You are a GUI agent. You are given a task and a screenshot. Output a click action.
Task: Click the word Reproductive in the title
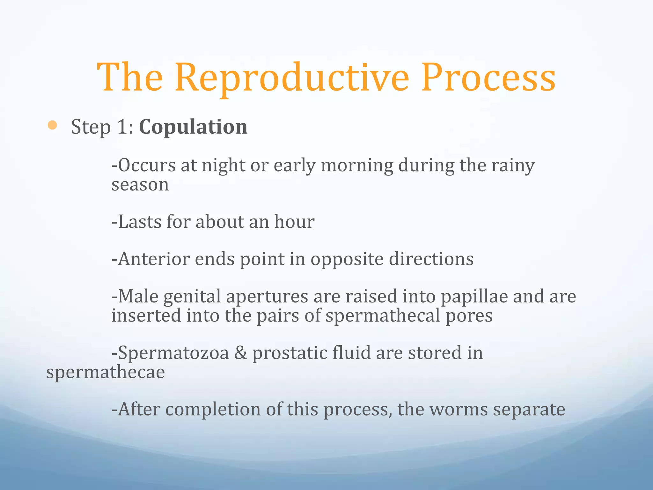coord(292,78)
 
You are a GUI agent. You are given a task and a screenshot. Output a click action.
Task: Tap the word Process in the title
coord(488,78)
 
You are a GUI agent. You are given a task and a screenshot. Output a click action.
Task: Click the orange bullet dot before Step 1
coord(52,125)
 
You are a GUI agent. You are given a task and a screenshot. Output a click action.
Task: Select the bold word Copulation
coord(193,127)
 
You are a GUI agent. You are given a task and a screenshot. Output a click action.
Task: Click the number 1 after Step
coord(123,127)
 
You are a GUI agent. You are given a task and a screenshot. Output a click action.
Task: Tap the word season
coord(140,185)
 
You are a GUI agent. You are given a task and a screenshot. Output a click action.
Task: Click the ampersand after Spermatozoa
coord(241,353)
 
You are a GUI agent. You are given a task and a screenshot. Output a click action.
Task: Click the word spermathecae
coord(106,373)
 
